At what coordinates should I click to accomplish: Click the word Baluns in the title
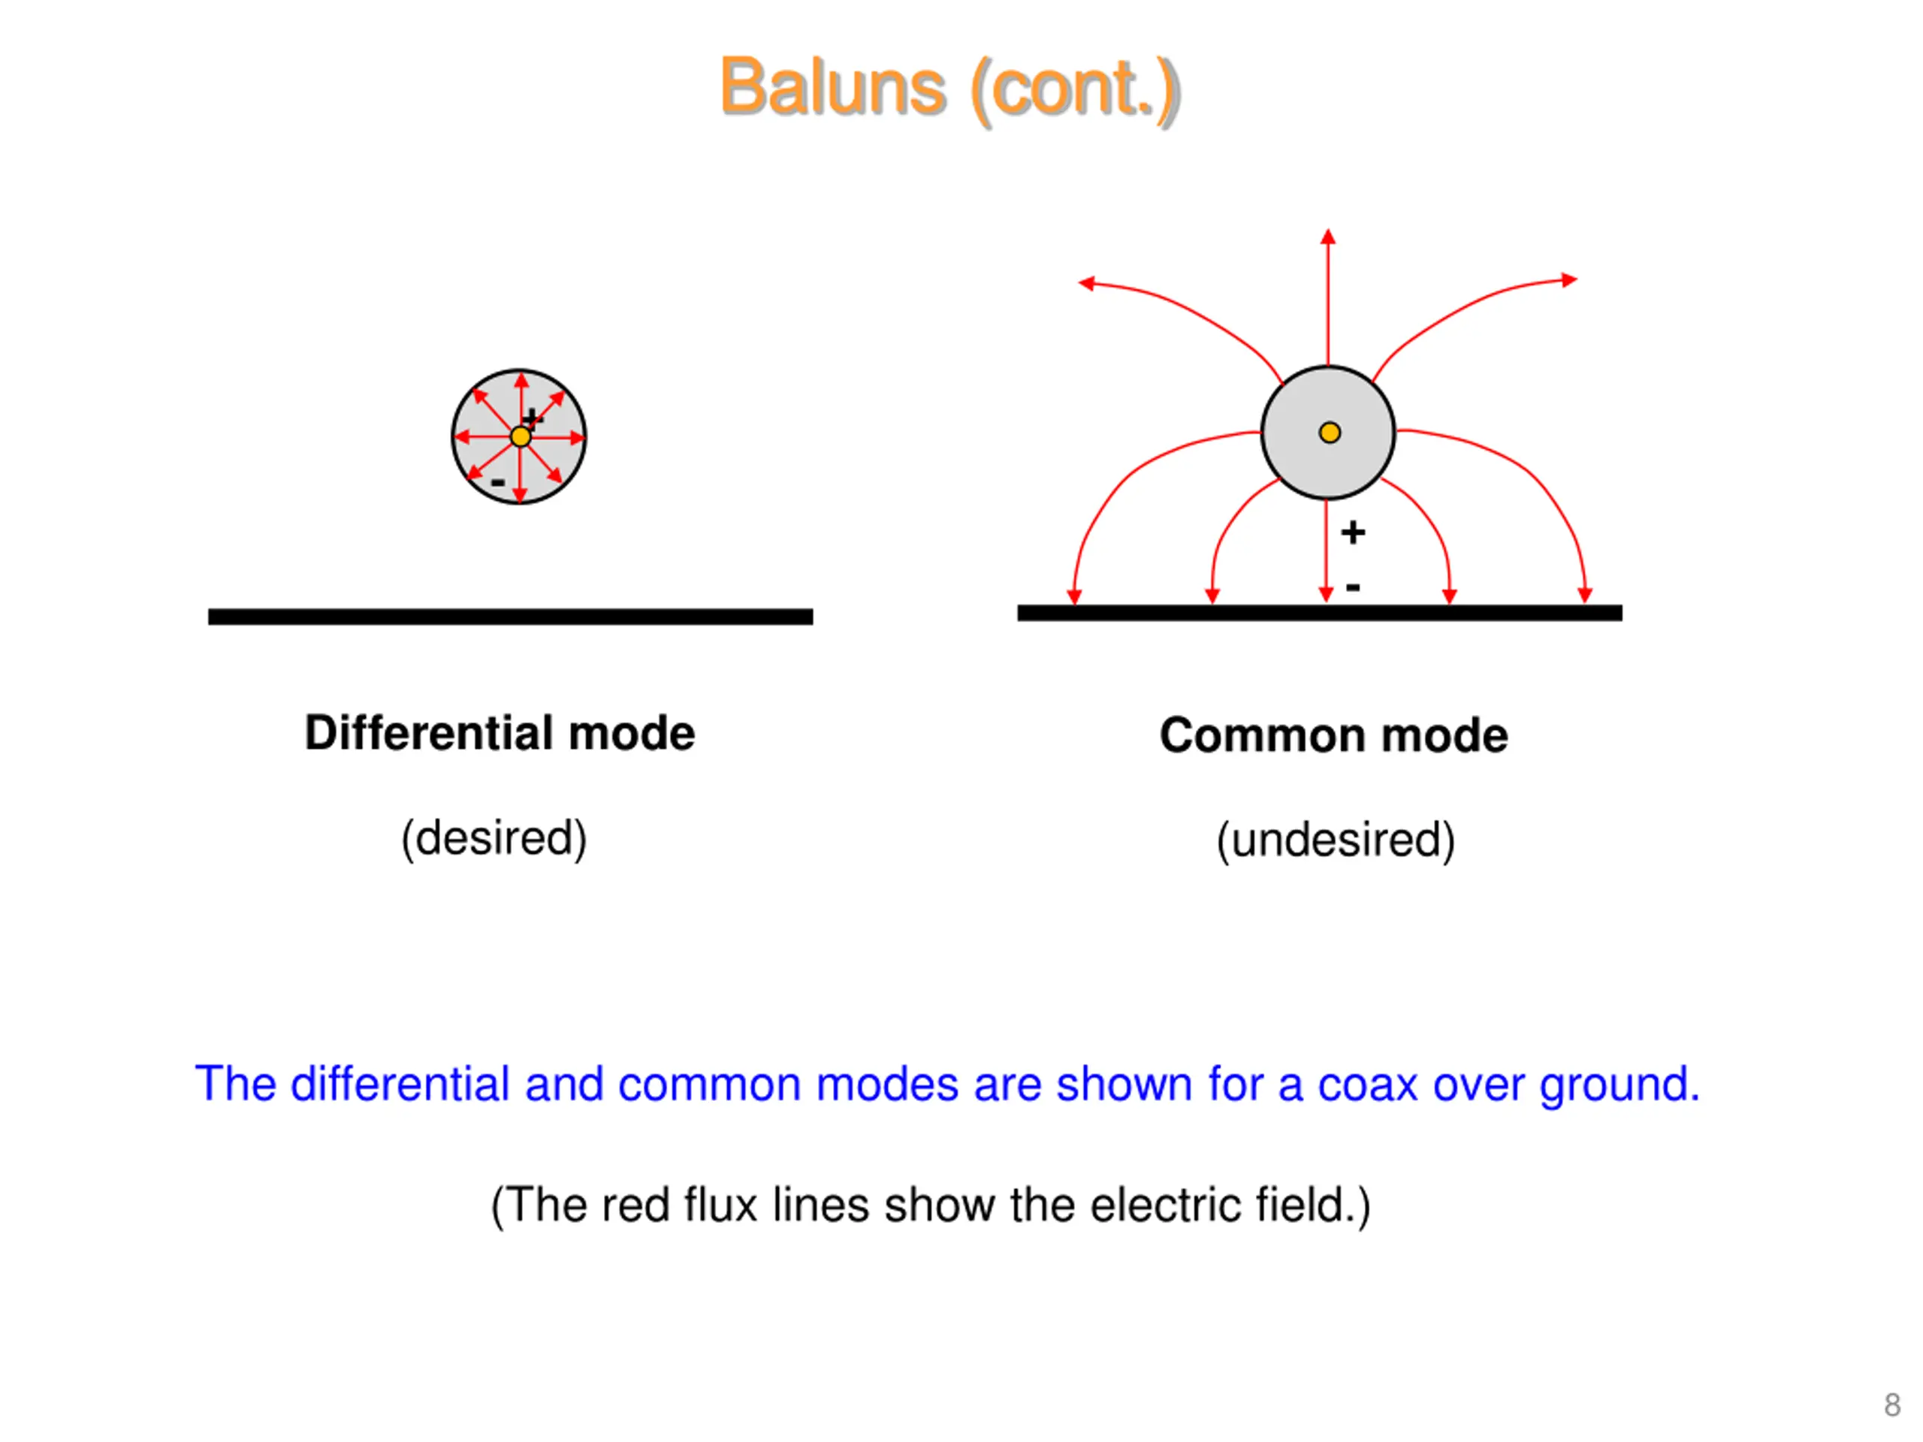coord(833,87)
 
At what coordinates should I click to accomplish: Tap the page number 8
coord(1891,1404)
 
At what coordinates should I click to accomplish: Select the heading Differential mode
coord(500,733)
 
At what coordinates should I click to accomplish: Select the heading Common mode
coord(1333,735)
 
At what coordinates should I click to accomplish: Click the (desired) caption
coord(494,839)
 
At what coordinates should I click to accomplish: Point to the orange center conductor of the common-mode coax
coord(1330,432)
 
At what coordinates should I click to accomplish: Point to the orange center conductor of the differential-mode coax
coord(520,436)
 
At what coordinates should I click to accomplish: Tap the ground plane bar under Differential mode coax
coord(510,617)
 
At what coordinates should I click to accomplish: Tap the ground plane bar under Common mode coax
coord(1320,613)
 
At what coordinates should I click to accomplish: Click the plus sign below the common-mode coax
coord(1353,532)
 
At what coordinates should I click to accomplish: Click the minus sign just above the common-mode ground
coord(1353,587)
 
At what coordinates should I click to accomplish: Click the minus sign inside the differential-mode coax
coord(497,481)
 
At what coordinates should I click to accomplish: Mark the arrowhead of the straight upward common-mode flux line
coord(1327,237)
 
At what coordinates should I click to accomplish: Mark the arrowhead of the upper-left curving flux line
coord(1085,282)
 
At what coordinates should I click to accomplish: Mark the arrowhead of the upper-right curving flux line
coord(1569,280)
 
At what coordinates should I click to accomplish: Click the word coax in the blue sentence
coord(1367,1085)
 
